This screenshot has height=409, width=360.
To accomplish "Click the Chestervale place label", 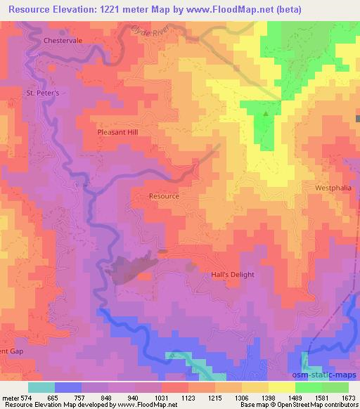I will coord(63,41).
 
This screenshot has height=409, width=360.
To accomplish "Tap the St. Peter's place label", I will coord(41,93).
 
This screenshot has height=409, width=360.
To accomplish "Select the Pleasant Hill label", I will coord(119,131).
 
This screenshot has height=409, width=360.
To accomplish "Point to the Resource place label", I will coord(164,197).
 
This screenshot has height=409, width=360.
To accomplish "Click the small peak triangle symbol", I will coord(266,112).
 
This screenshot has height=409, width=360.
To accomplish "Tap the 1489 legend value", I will coord(283,397).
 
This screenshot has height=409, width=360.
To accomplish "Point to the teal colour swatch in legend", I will coord(41,387).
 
